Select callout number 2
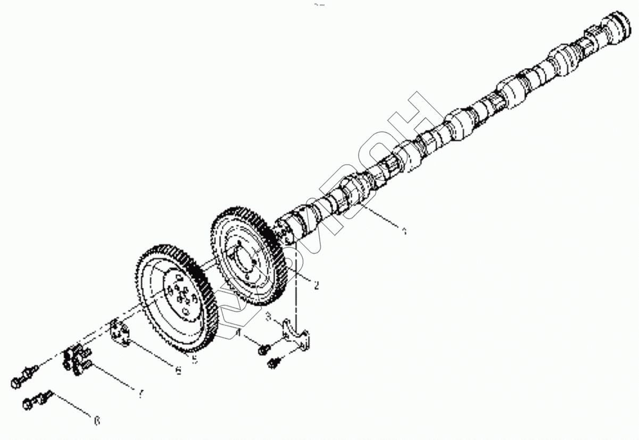317,286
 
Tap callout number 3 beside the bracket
269,317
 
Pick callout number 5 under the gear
195,360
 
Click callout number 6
178,371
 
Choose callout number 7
140,394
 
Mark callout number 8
97,421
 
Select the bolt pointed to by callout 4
264,350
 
